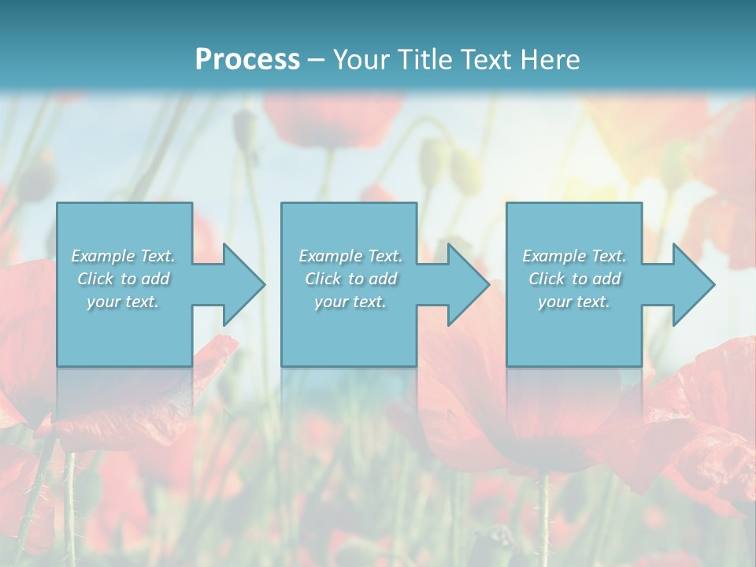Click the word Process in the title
pyautogui.click(x=247, y=60)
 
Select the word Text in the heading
pyautogui.click(x=486, y=60)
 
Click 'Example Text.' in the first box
pyautogui.click(x=124, y=256)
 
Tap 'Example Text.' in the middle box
pyautogui.click(x=350, y=256)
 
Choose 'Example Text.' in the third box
pyautogui.click(x=574, y=256)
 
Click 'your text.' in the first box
pyautogui.click(x=123, y=302)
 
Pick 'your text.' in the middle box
pyautogui.click(x=350, y=302)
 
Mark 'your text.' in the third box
pyautogui.click(x=573, y=302)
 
